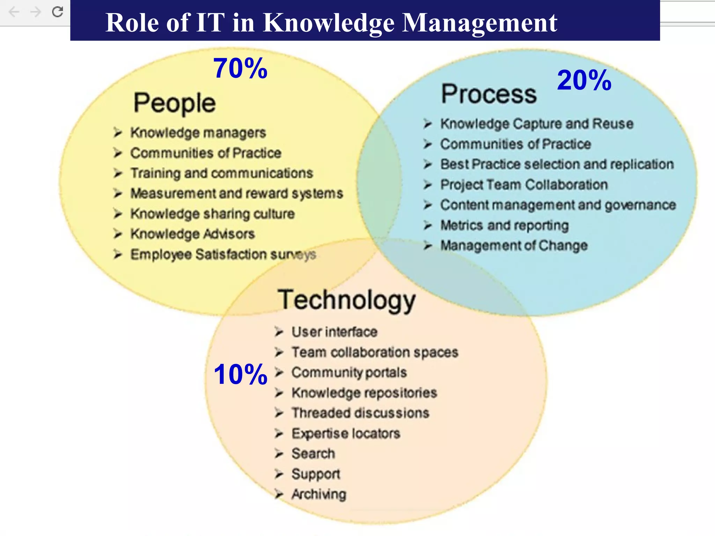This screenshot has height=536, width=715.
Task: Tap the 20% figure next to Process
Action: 584,80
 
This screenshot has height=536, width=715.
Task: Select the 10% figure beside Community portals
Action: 240,374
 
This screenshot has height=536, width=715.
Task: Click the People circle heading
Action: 175,103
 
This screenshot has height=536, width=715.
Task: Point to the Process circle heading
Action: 489,94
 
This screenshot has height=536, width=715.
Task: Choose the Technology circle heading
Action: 346,300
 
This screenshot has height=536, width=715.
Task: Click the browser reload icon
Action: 58,12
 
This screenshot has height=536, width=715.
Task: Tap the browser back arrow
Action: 14,12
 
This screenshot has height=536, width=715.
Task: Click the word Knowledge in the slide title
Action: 329,23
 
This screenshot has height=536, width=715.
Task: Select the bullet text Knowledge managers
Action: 198,133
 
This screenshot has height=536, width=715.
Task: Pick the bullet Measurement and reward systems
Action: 237,193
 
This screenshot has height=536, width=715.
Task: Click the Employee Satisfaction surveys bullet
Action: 223,254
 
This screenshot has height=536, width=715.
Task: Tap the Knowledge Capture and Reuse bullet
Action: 537,124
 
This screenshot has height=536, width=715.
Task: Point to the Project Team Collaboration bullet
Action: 524,185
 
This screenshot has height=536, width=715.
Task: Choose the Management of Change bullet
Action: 514,245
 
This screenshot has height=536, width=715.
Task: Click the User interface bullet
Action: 334,332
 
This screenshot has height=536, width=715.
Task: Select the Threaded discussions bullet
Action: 360,413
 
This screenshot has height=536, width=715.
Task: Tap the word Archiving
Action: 319,494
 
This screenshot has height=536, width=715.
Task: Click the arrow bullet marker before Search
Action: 279,454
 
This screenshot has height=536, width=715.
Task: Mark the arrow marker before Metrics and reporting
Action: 428,225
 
